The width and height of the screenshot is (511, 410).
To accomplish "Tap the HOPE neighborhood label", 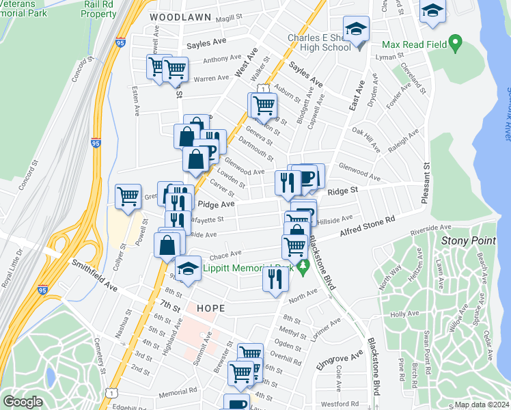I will pos(210,309).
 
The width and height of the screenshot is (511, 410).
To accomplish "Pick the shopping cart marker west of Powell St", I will pos(128,197).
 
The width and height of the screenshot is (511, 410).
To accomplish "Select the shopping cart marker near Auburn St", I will pos(263,105).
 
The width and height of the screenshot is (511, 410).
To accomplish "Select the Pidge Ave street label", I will pos(216,204).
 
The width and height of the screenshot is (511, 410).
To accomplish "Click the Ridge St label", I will pos(343,192).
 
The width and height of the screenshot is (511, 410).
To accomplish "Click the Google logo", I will pos(23,400).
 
